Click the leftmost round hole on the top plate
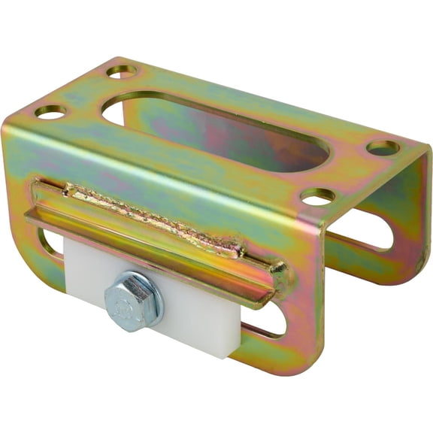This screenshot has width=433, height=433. click(x=50, y=112)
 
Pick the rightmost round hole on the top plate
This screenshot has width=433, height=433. click(x=383, y=147)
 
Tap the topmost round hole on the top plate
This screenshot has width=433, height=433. click(x=122, y=71)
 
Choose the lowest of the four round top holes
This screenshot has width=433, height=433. click(x=317, y=197)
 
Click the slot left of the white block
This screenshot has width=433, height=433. click(x=51, y=244)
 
